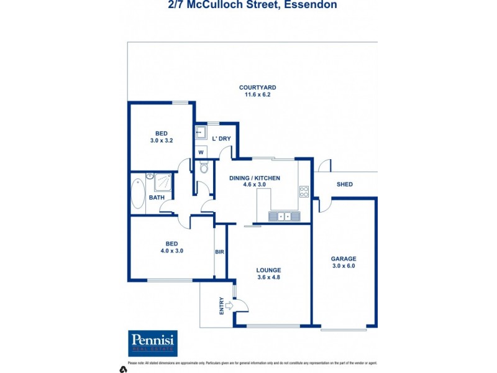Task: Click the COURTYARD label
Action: [258, 88]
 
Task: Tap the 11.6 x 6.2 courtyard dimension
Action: [258, 95]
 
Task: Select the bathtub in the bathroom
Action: [138, 193]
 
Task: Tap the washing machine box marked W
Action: [201, 152]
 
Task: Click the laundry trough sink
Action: [201, 133]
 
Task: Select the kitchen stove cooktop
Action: [304, 191]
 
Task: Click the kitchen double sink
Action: [285, 216]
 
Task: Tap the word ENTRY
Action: [221, 305]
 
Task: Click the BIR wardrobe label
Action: [219, 252]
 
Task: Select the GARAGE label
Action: [344, 259]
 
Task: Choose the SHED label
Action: [345, 184]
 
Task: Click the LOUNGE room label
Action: [269, 270]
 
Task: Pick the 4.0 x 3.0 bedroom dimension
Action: [171, 251]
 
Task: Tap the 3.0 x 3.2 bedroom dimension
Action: [161, 140]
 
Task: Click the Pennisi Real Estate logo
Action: [153, 343]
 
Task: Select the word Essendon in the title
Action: [311, 5]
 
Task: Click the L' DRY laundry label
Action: [221, 139]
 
